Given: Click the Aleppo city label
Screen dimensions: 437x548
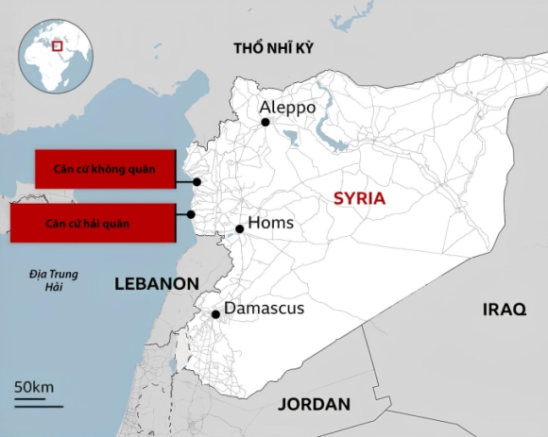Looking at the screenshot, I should [288, 108].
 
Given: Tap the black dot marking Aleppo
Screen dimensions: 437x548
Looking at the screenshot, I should [265, 122].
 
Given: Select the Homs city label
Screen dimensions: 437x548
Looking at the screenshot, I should [271, 224].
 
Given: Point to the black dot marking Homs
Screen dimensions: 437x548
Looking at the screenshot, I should [240, 228].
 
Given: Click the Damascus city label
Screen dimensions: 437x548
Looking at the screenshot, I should [265, 309].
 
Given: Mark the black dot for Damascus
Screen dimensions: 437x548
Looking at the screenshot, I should [216, 314].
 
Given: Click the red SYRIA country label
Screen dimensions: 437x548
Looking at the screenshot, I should [359, 198].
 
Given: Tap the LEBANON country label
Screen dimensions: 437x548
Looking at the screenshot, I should [157, 284].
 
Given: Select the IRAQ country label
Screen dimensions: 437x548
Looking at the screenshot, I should [503, 310].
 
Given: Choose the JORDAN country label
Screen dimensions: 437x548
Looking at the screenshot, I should [314, 405].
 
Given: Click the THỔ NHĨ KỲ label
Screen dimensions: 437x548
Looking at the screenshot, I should [274, 48].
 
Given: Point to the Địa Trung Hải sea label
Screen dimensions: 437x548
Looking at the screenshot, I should [53, 280].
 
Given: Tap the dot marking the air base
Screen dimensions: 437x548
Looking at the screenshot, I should [197, 182].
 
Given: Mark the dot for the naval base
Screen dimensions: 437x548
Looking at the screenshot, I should [191, 214].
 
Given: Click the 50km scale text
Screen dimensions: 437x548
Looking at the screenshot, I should [34, 388].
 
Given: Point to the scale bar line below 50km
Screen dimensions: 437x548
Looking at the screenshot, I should [38, 403].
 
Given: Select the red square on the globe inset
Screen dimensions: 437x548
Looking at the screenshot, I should [58, 44].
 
